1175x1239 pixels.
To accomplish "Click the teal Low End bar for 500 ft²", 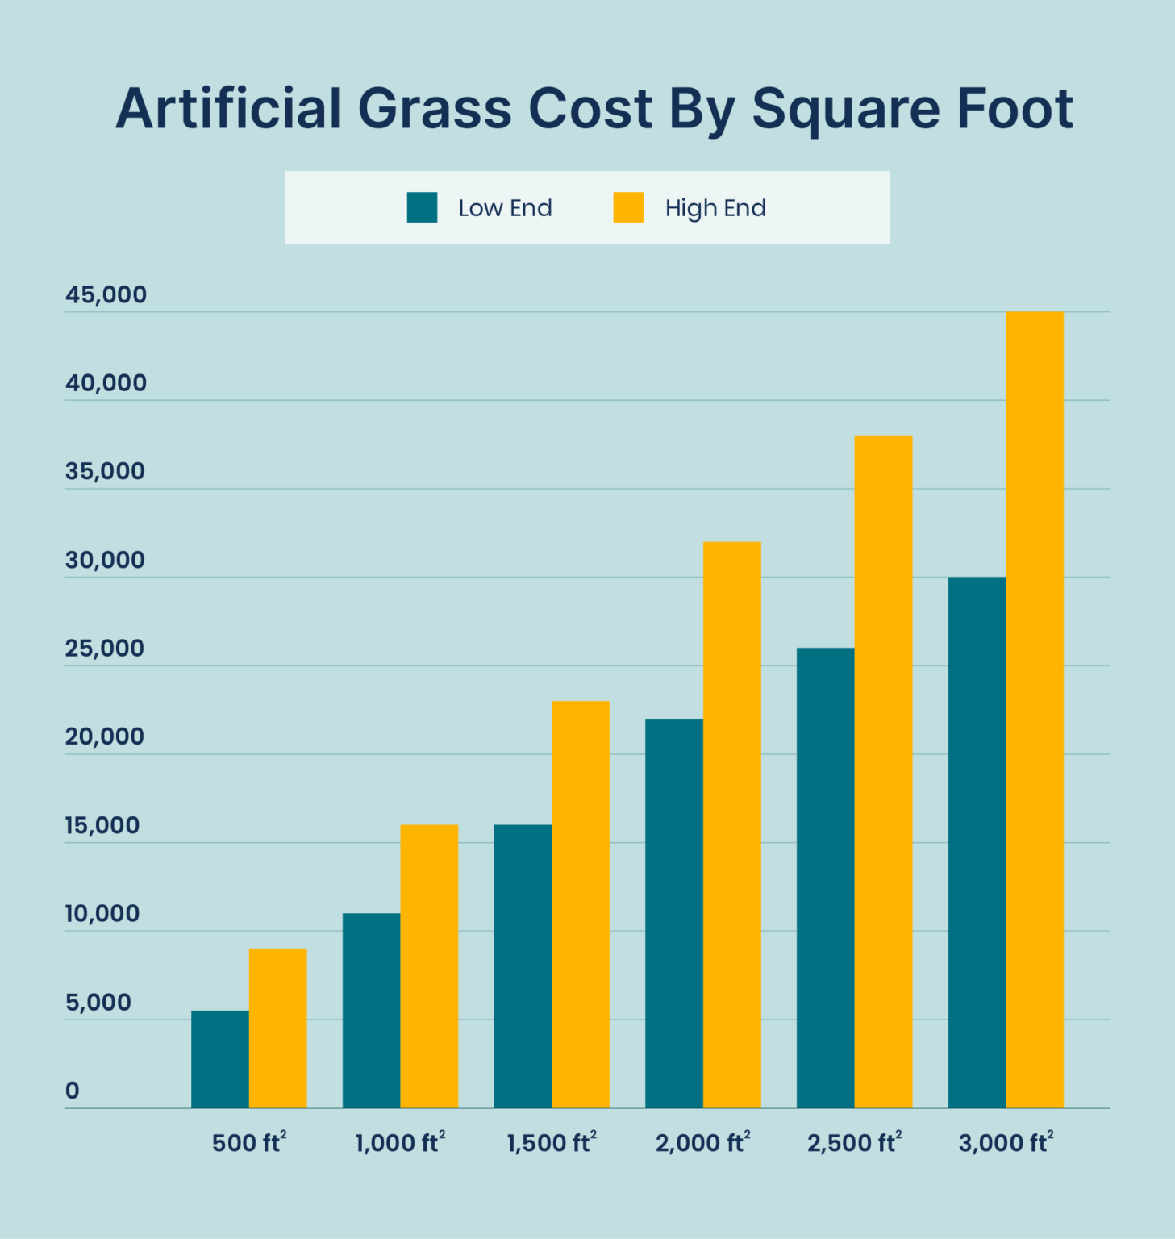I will coord(220,1058).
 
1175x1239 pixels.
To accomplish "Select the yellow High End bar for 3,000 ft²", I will coord(1034,710).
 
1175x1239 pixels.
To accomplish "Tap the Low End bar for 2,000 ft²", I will coord(674,913).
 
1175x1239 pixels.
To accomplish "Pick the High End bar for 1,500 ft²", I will coord(581,904).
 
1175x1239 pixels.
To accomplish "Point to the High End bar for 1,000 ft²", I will coord(429,966).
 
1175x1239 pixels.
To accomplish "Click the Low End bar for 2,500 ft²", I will coord(825,878).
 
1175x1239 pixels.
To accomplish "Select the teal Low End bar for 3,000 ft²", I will coord(977,842).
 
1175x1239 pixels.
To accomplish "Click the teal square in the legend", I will coord(422,207).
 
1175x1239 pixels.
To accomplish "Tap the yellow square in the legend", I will coord(628,207).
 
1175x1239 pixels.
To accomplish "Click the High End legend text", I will coord(715,208).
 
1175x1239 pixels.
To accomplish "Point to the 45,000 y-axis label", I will coord(106,295).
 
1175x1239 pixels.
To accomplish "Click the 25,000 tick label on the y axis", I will coord(105,649).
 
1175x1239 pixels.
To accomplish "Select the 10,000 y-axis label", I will coord(102,914).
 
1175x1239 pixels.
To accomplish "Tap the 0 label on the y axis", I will coord(73,1091).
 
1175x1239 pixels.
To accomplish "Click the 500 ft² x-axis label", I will coord(249,1142).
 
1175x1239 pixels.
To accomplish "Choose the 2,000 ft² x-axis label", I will coord(702,1142).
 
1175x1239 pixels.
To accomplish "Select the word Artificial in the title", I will coord(228,108).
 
